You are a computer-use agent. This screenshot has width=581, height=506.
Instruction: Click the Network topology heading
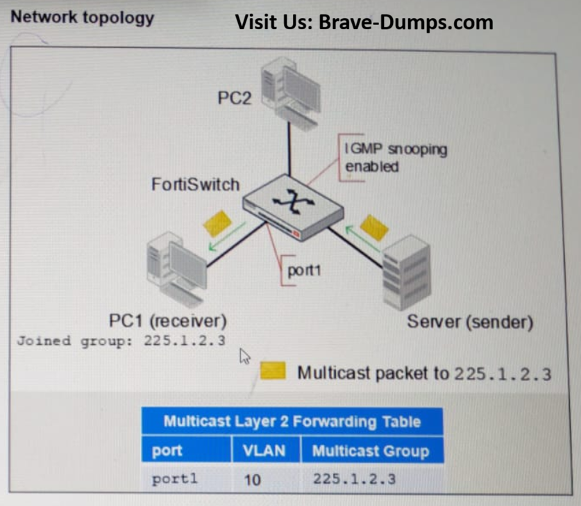click(x=83, y=17)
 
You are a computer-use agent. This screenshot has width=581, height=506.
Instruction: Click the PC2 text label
click(x=235, y=98)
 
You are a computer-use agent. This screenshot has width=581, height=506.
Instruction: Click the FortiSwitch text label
click(x=195, y=184)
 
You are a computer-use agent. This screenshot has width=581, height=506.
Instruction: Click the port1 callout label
click(x=304, y=270)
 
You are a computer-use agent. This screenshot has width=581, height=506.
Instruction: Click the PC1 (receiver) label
click(x=169, y=321)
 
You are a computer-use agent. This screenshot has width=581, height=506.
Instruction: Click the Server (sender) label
click(x=470, y=322)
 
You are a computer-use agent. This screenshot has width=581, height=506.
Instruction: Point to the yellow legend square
click(x=273, y=371)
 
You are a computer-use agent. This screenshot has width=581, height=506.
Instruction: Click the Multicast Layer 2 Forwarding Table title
click(x=292, y=421)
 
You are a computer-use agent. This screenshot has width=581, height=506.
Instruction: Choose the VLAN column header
click(x=264, y=450)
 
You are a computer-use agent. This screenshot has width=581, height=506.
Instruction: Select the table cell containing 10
click(x=253, y=480)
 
